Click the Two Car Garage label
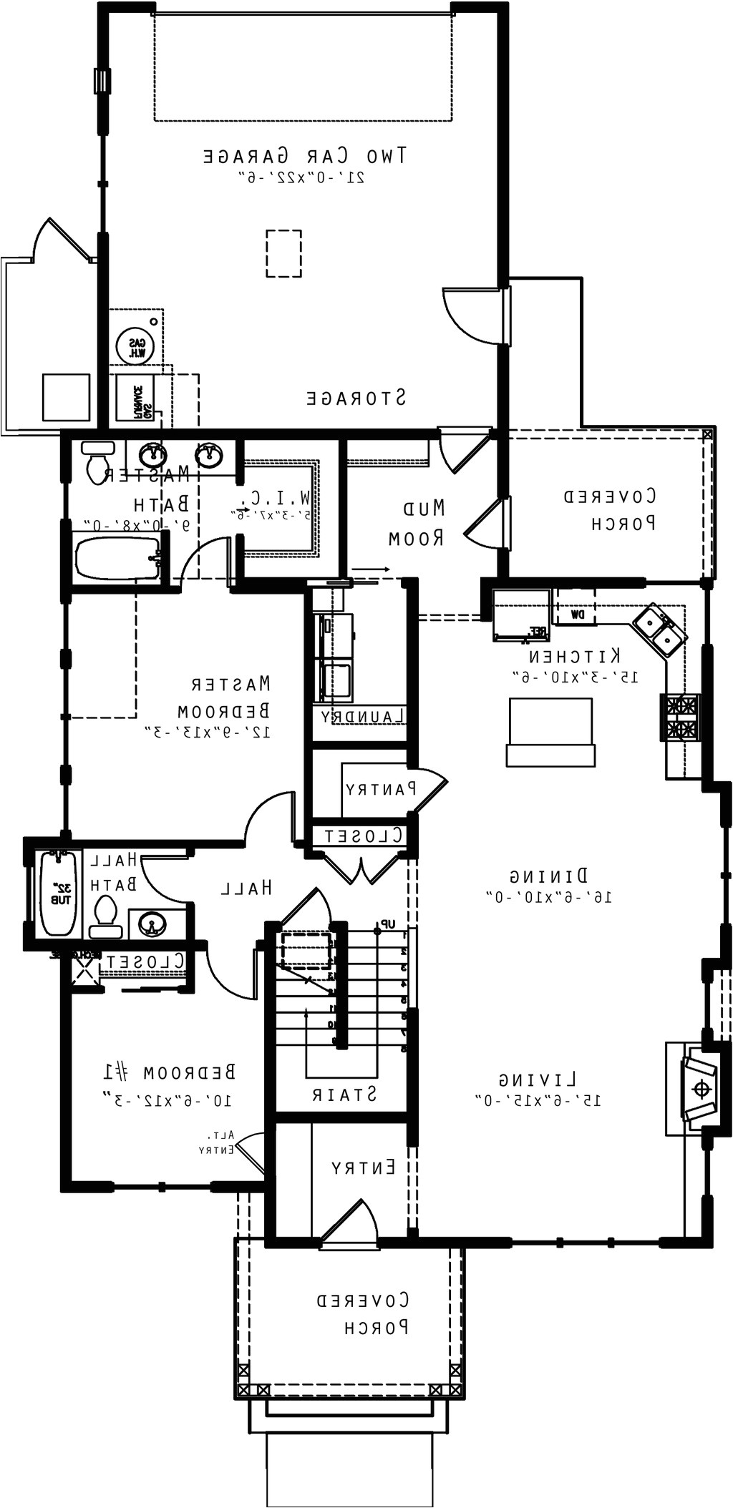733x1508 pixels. pyautogui.click(x=306, y=155)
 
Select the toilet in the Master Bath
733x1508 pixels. pyautogui.click(x=97, y=463)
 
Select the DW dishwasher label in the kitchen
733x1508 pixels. pyautogui.click(x=577, y=614)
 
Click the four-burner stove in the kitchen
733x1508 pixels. pyautogui.click(x=681, y=718)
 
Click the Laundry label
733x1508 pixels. pyautogui.click(x=364, y=716)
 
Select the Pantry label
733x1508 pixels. pyautogui.click(x=380, y=790)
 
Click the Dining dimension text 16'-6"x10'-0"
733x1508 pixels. pyautogui.click(x=549, y=896)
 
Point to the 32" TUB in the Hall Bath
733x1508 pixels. pyautogui.click(x=57, y=894)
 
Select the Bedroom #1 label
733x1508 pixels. pyautogui.click(x=169, y=1072)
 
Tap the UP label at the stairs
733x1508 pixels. pyautogui.click(x=387, y=924)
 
